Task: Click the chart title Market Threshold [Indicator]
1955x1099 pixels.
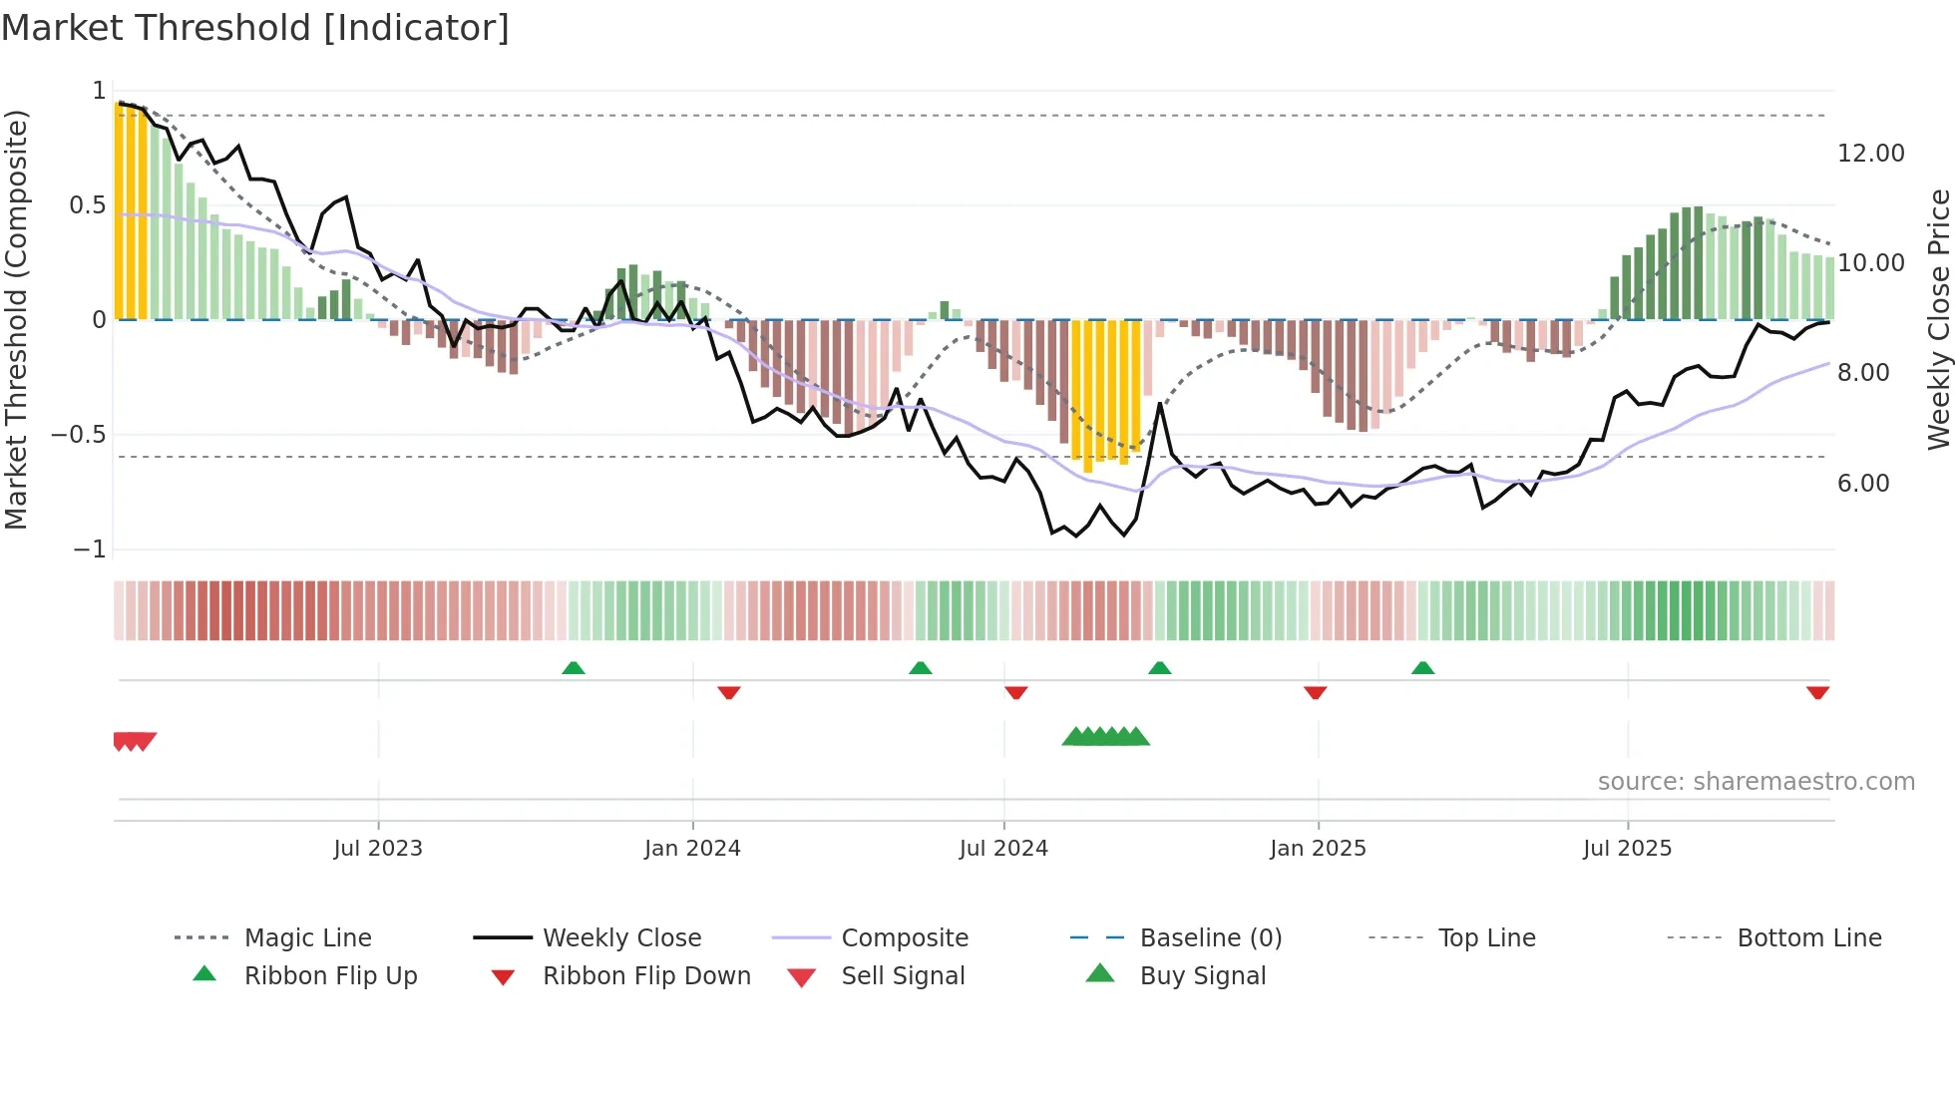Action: coord(255,28)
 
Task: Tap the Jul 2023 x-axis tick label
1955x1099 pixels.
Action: coord(378,849)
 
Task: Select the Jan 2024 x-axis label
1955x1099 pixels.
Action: coord(692,849)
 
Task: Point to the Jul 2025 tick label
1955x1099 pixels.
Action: coord(1627,849)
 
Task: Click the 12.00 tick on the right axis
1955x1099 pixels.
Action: coord(1870,154)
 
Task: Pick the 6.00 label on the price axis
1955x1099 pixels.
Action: coord(1863,484)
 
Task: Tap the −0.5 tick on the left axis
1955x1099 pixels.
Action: coord(79,435)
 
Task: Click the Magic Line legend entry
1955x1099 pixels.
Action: coord(307,938)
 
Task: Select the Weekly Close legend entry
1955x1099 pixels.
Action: coord(621,938)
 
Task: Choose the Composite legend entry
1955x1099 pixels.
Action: coord(904,938)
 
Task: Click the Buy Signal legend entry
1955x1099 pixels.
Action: coord(1202,976)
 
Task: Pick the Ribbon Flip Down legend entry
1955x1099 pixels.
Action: coord(645,976)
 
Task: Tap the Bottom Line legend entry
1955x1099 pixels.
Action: coord(1808,938)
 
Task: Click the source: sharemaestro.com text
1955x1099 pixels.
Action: coord(1756,782)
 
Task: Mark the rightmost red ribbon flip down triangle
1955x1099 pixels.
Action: coord(1817,692)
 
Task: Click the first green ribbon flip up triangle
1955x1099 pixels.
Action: coord(574,668)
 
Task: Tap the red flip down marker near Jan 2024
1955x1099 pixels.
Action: coord(729,692)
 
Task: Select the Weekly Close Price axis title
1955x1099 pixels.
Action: coord(1938,319)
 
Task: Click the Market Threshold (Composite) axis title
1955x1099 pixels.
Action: coord(16,319)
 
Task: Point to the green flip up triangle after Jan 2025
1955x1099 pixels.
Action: coord(1422,668)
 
